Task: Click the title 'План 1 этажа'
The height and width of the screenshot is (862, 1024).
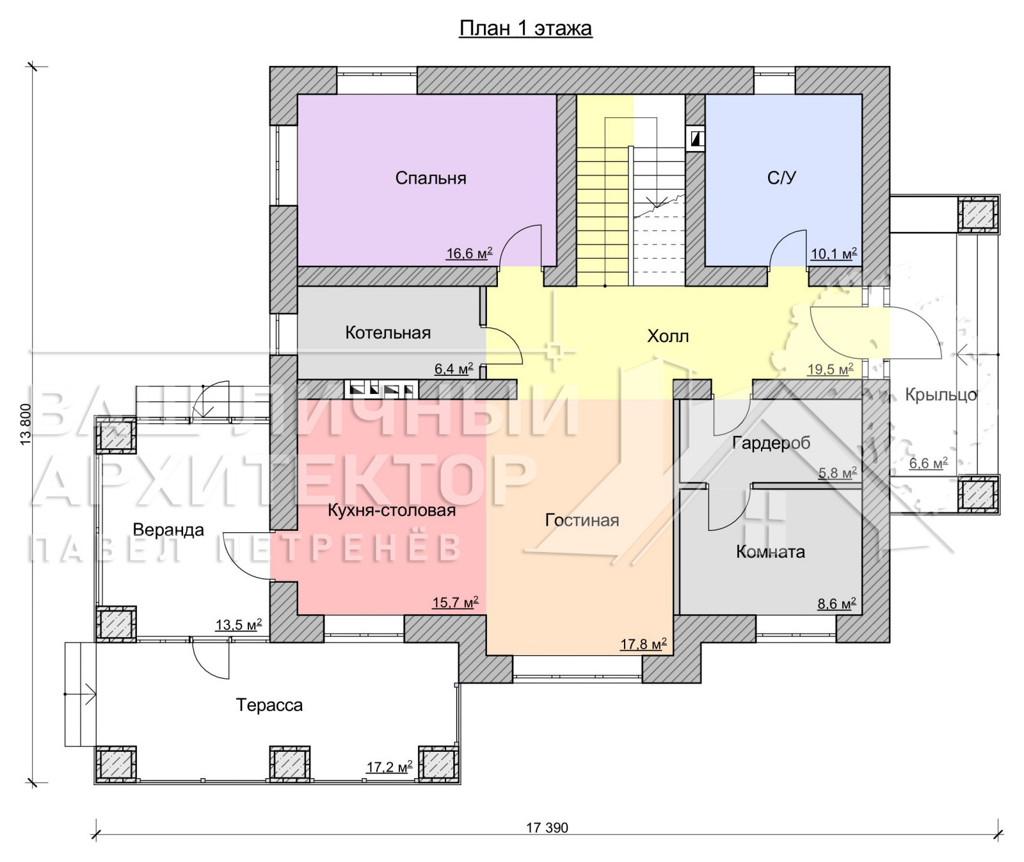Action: (x=525, y=29)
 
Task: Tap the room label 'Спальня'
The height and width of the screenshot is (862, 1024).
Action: (x=431, y=178)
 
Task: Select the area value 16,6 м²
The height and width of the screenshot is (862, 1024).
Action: (x=469, y=254)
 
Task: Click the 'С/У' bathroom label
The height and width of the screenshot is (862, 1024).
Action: (x=781, y=177)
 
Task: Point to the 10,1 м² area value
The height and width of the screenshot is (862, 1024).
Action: (x=834, y=254)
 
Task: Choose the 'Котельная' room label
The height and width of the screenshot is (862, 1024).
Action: (x=388, y=332)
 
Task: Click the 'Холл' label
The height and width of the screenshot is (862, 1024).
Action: (x=668, y=336)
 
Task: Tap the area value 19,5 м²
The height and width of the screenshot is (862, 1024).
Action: (x=831, y=370)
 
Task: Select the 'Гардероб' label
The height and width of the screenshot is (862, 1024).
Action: (x=771, y=443)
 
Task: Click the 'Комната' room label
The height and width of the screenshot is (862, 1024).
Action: (x=771, y=552)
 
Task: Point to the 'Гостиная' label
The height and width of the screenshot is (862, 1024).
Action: (x=582, y=520)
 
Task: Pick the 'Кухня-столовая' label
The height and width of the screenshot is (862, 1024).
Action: (x=392, y=510)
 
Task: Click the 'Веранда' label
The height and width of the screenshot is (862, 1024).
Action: (x=168, y=530)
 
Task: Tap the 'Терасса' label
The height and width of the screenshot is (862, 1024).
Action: (x=269, y=705)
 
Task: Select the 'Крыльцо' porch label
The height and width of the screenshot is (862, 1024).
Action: (x=941, y=395)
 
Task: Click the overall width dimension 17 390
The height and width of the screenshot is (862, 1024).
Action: (x=547, y=828)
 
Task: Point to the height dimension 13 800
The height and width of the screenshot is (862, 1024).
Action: (x=26, y=424)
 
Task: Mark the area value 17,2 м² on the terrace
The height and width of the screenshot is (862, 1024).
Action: (x=389, y=767)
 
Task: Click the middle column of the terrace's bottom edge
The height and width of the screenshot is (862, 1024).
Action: (x=289, y=764)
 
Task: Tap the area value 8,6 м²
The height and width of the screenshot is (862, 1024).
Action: (x=836, y=603)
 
